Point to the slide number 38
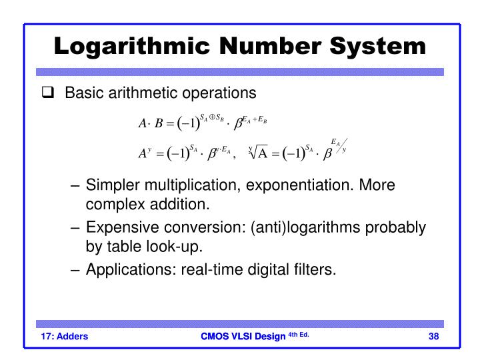point(434,335)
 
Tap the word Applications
point(125,269)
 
